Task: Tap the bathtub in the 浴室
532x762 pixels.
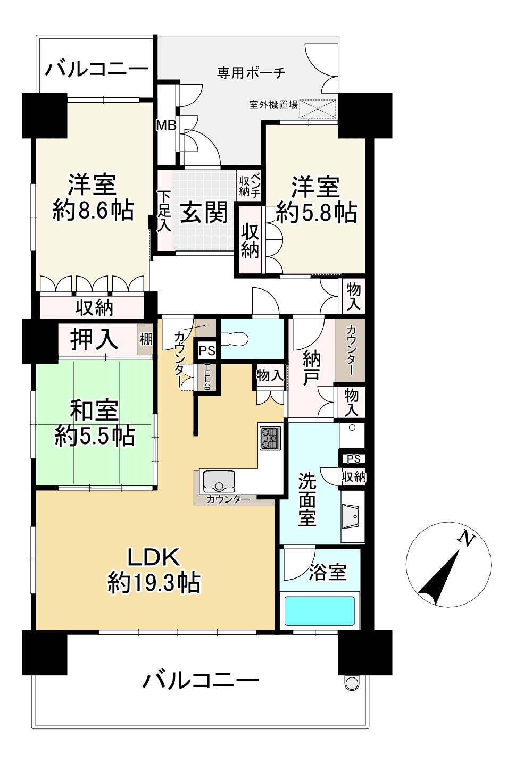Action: point(319,611)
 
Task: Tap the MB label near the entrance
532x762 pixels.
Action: point(165,125)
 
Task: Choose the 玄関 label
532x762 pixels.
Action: point(204,213)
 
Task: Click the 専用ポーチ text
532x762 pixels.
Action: point(251,73)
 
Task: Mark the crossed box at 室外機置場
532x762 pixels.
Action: point(318,109)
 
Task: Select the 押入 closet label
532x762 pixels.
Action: point(94,339)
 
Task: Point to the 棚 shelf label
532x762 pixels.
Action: point(146,339)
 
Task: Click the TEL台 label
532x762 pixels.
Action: point(206,377)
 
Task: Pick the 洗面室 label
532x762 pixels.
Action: point(307,499)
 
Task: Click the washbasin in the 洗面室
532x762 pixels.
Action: point(351,516)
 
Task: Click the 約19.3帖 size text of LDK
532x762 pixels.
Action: point(154,583)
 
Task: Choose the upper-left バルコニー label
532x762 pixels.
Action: point(96,69)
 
